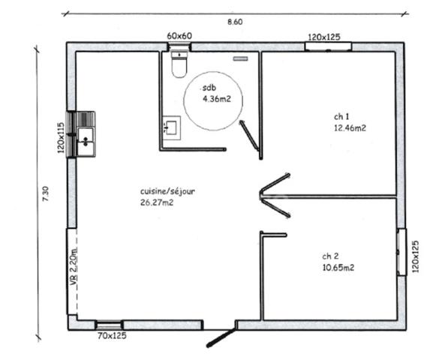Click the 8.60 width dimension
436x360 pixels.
tap(235, 22)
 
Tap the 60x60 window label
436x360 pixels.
tap(180, 36)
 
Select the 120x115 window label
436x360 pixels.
tap(60, 138)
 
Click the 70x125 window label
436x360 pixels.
tap(112, 337)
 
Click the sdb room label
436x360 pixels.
tap(208, 88)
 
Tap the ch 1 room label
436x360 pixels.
tap(341, 117)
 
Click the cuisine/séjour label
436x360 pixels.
tap(167, 192)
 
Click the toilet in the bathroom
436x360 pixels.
tap(179, 64)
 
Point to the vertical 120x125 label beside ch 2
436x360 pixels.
tap(414, 257)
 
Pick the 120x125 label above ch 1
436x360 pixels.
tap(324, 36)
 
